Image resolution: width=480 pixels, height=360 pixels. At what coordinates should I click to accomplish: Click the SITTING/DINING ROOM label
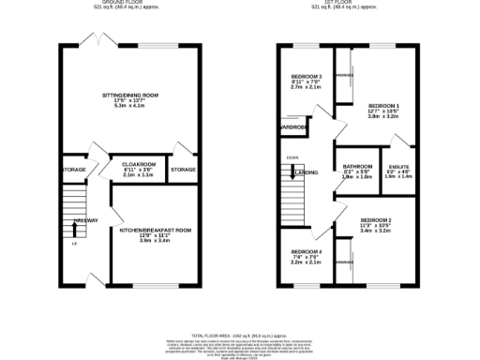(131, 95)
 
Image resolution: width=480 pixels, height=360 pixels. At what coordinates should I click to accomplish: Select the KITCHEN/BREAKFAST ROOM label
(156, 230)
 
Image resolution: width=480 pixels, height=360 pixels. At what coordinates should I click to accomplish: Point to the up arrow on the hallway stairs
(74, 227)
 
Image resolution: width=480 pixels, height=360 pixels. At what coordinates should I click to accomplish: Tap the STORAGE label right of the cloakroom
(182, 170)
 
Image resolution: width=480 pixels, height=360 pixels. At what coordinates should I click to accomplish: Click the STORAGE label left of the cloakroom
(74, 170)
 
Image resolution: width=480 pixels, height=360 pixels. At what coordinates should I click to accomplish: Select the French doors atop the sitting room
(97, 39)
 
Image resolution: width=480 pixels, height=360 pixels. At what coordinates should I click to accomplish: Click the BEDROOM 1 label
(384, 105)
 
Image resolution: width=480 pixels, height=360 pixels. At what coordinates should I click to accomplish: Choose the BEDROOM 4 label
(306, 252)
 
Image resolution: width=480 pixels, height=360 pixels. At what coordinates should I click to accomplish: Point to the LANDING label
(306, 172)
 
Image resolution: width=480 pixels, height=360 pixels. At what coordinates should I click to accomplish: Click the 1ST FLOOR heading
(358, 3)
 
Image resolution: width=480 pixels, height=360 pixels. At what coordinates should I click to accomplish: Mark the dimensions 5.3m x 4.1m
(131, 106)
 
